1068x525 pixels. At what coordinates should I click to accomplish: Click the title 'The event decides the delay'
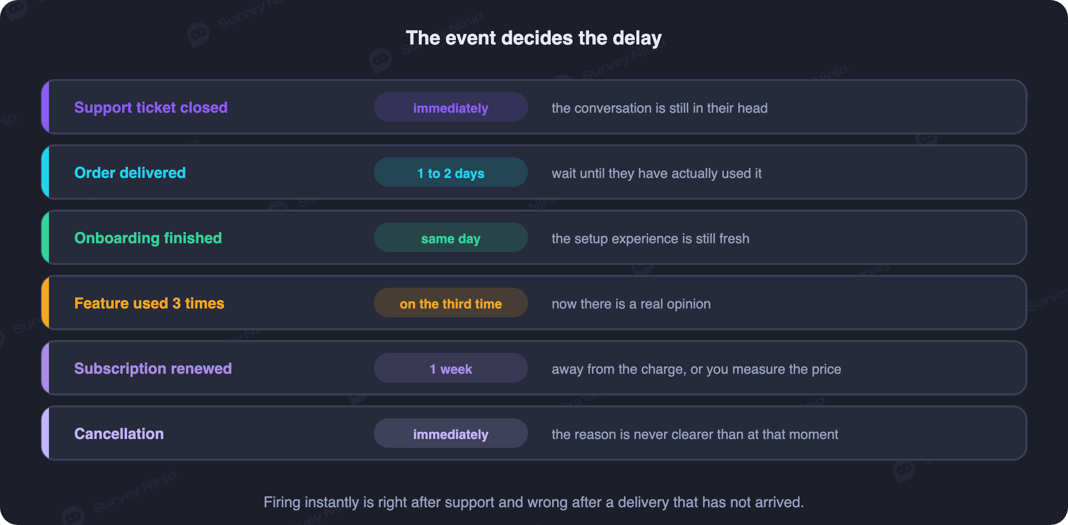point(534,38)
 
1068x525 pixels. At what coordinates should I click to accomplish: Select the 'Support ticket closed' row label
point(151,108)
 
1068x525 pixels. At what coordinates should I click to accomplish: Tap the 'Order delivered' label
point(130,173)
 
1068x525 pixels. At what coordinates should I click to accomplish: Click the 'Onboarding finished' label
point(148,238)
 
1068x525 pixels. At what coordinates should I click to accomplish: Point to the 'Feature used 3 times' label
point(149,304)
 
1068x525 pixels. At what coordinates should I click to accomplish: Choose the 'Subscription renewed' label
point(153,369)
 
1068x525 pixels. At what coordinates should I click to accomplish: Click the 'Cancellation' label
point(119,434)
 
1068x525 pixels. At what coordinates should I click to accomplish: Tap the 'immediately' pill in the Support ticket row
point(451,107)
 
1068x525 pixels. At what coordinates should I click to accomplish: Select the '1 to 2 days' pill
point(451,172)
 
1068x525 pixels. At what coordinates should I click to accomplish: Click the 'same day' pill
point(451,237)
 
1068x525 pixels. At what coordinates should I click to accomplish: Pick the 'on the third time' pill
point(451,303)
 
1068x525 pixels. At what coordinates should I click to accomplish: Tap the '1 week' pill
point(451,368)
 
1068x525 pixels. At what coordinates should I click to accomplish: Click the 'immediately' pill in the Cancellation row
point(451,433)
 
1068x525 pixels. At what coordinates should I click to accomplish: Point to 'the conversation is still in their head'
point(660,108)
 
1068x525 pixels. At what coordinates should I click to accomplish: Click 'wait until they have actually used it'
point(657,174)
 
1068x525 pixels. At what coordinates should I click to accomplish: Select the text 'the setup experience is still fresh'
point(651,239)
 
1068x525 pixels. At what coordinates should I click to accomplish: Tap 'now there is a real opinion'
point(631,304)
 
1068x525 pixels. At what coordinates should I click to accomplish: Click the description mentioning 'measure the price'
point(696,369)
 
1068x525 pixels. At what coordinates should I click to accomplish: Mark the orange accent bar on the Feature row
point(45,303)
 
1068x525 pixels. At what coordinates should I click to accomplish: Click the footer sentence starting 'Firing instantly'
point(534,502)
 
